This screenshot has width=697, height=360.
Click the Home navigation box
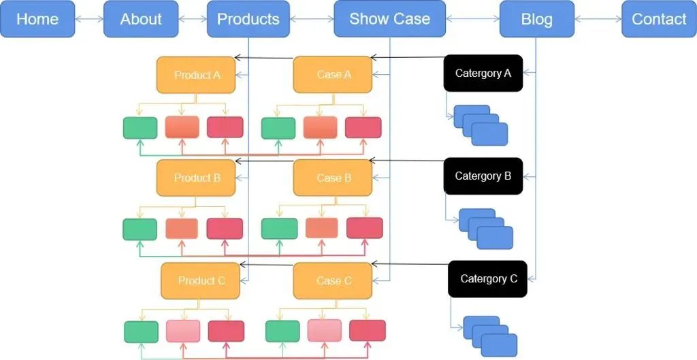37,19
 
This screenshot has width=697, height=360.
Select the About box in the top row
141,19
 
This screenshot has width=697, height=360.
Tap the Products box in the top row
248,19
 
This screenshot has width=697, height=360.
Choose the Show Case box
389,19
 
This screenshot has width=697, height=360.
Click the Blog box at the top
536,19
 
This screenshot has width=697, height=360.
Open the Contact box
658,19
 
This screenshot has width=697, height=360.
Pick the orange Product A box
197,75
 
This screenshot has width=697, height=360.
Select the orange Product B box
197,178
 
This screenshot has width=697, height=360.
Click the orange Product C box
201,280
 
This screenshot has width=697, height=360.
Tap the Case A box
333,75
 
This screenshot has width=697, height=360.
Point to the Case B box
333,178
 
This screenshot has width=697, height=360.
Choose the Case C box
333,280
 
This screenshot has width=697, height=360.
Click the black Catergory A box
483,73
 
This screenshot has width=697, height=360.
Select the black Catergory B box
483,176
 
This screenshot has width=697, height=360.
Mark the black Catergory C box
487,279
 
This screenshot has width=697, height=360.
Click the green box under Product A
140,128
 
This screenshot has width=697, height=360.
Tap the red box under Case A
363,128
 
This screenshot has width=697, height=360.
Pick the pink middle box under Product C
183,331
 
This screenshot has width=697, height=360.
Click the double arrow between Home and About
89,19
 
